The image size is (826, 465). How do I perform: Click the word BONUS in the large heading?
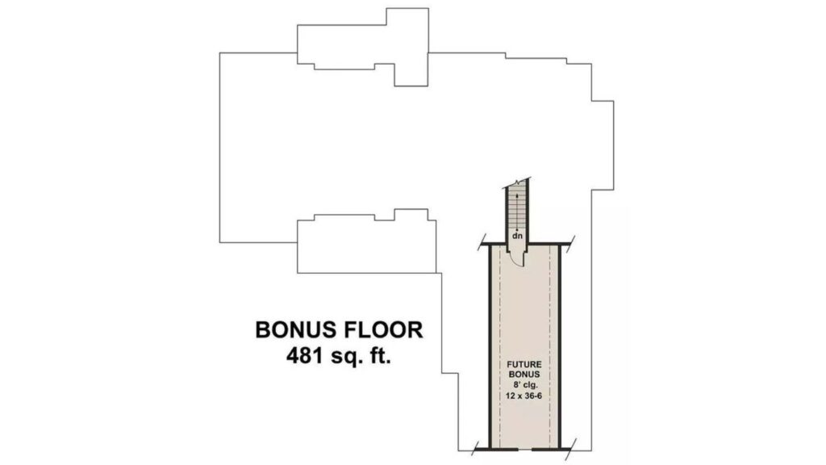(295, 330)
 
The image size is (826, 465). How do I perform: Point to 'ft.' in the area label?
(380, 356)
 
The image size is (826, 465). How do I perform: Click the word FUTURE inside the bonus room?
(524, 364)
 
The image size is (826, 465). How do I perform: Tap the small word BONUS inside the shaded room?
(524, 375)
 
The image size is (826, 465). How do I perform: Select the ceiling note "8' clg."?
(524, 385)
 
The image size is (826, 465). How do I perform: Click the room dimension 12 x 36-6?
(524, 396)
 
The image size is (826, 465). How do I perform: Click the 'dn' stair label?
(518, 236)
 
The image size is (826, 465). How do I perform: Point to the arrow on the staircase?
(517, 212)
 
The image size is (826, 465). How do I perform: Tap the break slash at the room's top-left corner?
(482, 242)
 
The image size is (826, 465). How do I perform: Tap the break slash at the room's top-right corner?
(571, 242)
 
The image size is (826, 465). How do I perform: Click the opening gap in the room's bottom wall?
(524, 450)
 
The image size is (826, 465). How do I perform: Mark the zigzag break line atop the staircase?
(517, 182)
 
